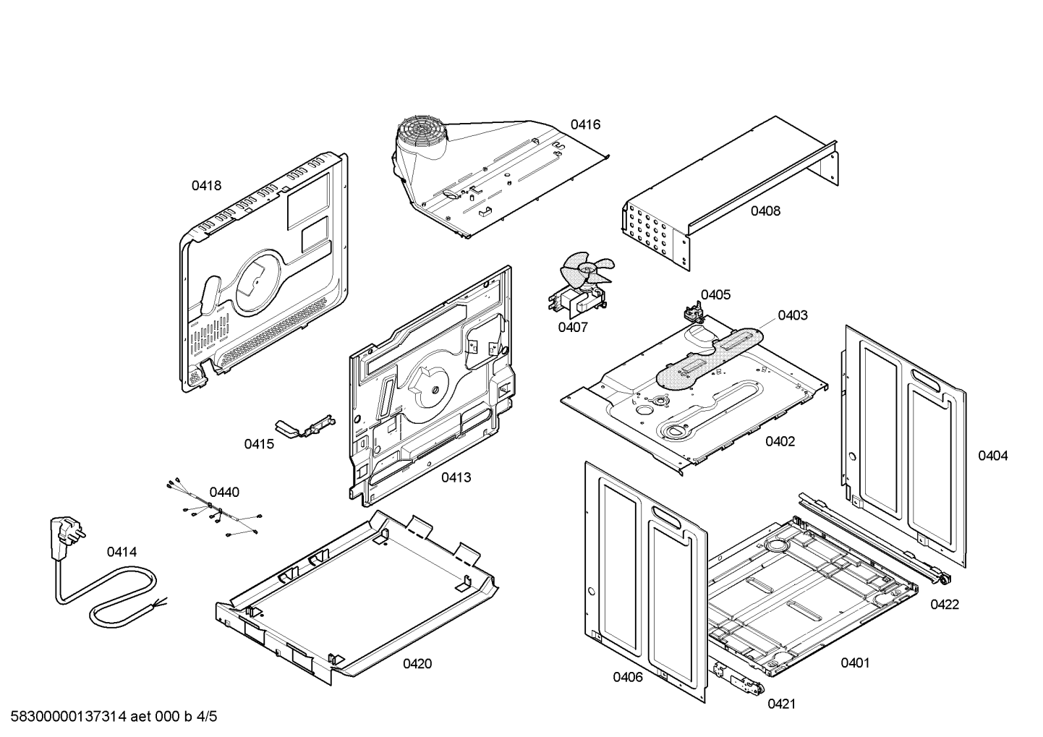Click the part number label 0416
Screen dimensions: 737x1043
click(x=585, y=124)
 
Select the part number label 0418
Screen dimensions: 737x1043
click(x=206, y=185)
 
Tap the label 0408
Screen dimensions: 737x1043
click(x=765, y=211)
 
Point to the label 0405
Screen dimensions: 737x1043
click(x=715, y=294)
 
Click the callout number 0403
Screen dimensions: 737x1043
click(x=793, y=315)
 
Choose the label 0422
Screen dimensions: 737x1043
click(x=945, y=604)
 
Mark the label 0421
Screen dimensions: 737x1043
click(x=782, y=703)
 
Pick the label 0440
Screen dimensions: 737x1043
click(x=224, y=492)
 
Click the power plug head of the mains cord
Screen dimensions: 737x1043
click(x=64, y=529)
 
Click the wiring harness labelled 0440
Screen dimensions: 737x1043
click(x=211, y=509)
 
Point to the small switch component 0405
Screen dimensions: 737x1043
click(x=694, y=313)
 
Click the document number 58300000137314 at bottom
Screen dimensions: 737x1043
click(x=64, y=717)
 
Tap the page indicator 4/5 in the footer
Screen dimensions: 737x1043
click(x=207, y=717)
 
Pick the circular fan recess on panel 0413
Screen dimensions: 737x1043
click(x=432, y=387)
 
